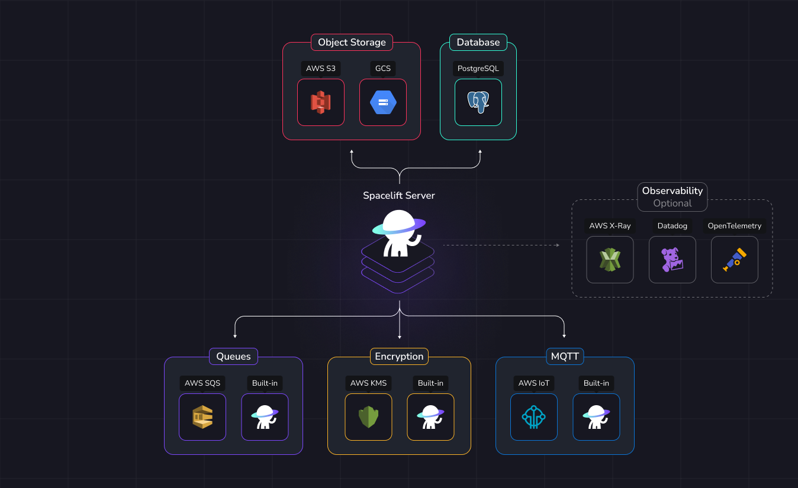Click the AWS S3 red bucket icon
[321, 102]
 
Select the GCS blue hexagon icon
[383, 102]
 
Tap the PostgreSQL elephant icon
[478, 102]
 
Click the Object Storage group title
[352, 43]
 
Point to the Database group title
[478, 43]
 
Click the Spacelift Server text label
[399, 196]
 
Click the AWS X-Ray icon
[610, 260]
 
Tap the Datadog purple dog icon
[672, 260]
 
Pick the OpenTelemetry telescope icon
[734, 260]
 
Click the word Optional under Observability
[672, 203]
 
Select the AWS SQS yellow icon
[202, 417]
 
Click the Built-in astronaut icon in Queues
[265, 417]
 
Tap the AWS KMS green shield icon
[368, 417]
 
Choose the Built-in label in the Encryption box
[430, 383]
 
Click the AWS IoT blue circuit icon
[534, 417]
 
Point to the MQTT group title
[565, 357]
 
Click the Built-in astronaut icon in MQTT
[596, 417]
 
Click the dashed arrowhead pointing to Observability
[557, 244]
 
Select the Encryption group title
[399, 357]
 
